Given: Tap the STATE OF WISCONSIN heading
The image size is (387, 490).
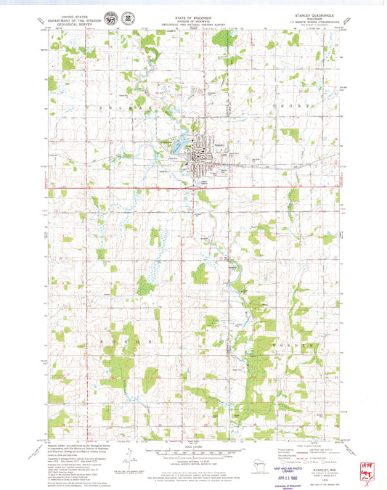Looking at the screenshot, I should pyautogui.click(x=192, y=14).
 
